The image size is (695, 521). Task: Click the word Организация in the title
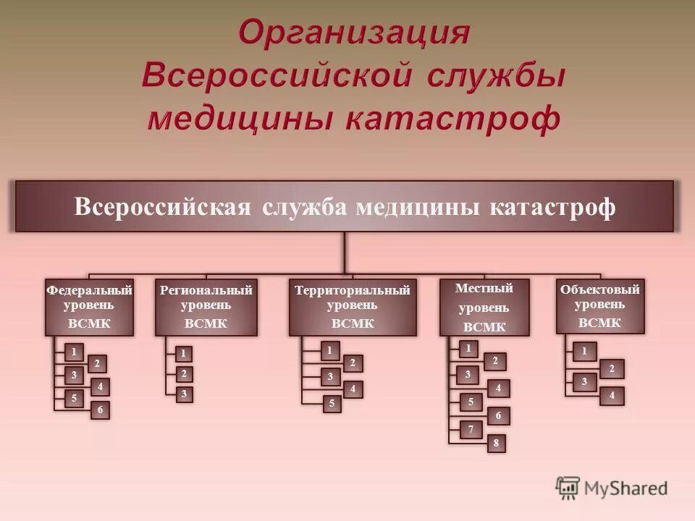tap(355, 33)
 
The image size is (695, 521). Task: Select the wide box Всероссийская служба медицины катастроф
tap(345, 207)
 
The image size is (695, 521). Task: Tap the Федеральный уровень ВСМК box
tap(90, 307)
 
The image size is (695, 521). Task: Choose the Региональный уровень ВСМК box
tap(206, 307)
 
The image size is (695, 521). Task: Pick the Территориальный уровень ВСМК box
tap(353, 307)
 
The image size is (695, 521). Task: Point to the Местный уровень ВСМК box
tap(484, 307)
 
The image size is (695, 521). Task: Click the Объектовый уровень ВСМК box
tap(599, 305)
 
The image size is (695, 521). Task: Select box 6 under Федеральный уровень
tap(100, 410)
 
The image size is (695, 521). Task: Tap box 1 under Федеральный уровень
tap(73, 352)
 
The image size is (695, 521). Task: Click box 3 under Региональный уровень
tap(184, 394)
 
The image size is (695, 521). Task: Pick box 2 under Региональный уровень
tap(184, 374)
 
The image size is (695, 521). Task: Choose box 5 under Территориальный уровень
tap(332, 404)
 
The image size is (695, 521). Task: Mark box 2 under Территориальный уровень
tap(353, 363)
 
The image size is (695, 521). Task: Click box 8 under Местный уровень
tap(497, 444)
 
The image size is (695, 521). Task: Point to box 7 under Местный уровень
tap(470, 430)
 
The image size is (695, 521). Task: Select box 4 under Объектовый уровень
tap(612, 395)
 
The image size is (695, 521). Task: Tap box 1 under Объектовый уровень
tap(584, 352)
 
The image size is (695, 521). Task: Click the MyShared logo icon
tap(568, 488)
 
